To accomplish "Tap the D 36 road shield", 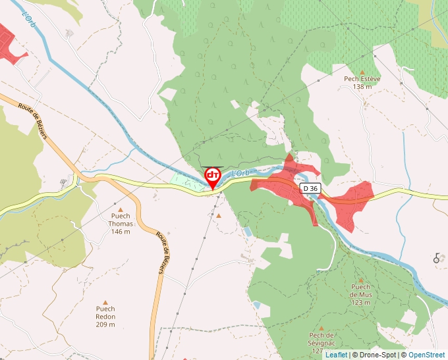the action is pyautogui.click(x=310, y=188).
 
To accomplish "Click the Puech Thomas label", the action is pyautogui.click(x=121, y=220).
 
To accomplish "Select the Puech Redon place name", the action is pyautogui.click(x=105, y=313).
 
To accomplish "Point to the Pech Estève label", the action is pyautogui.click(x=362, y=79).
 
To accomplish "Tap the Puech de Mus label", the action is pyautogui.click(x=360, y=290).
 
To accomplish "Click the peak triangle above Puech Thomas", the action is pyautogui.click(x=121, y=209).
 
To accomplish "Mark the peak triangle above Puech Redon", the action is pyautogui.click(x=105, y=302).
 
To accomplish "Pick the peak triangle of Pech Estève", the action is pyautogui.click(x=362, y=72).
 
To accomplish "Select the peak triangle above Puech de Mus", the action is pyautogui.click(x=360, y=280).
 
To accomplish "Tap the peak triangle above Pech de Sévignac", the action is pyautogui.click(x=322, y=327).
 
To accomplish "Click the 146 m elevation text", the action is pyautogui.click(x=121, y=232).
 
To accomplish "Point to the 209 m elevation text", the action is pyautogui.click(x=105, y=324).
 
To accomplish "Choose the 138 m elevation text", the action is pyautogui.click(x=362, y=87).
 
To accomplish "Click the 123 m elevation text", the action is pyautogui.click(x=360, y=303).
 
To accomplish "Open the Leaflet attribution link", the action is pyautogui.click(x=336, y=355).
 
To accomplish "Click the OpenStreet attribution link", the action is pyautogui.click(x=428, y=355).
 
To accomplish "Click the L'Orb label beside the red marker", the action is pyautogui.click(x=242, y=172).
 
